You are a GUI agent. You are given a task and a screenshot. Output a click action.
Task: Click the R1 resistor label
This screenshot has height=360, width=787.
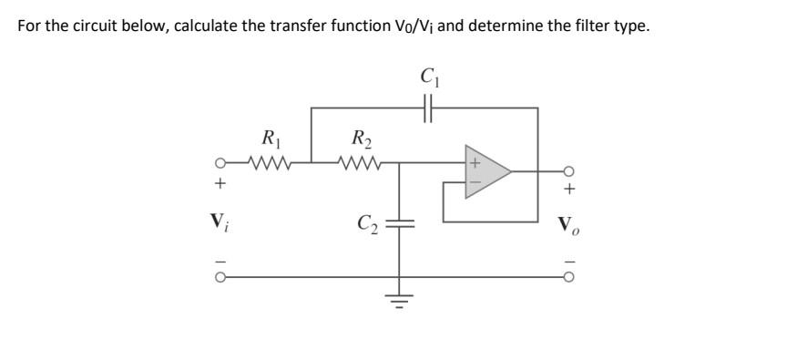[271, 139]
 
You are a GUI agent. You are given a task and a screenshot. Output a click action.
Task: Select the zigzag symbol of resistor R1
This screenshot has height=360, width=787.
[270, 164]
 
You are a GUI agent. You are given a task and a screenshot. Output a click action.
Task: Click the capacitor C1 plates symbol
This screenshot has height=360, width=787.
[429, 108]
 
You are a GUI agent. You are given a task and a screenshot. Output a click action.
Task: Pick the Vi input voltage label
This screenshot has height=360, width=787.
[219, 221]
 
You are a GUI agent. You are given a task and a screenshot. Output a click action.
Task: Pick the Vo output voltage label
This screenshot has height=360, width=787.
[570, 222]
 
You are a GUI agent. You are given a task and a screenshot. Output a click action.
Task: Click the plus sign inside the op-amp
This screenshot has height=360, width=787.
[474, 162]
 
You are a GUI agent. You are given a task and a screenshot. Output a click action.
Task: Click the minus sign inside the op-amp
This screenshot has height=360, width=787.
[474, 180]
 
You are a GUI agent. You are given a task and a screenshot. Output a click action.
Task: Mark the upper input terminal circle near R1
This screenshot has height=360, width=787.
[219, 165]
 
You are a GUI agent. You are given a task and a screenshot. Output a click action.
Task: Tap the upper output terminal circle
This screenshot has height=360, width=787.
[570, 170]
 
